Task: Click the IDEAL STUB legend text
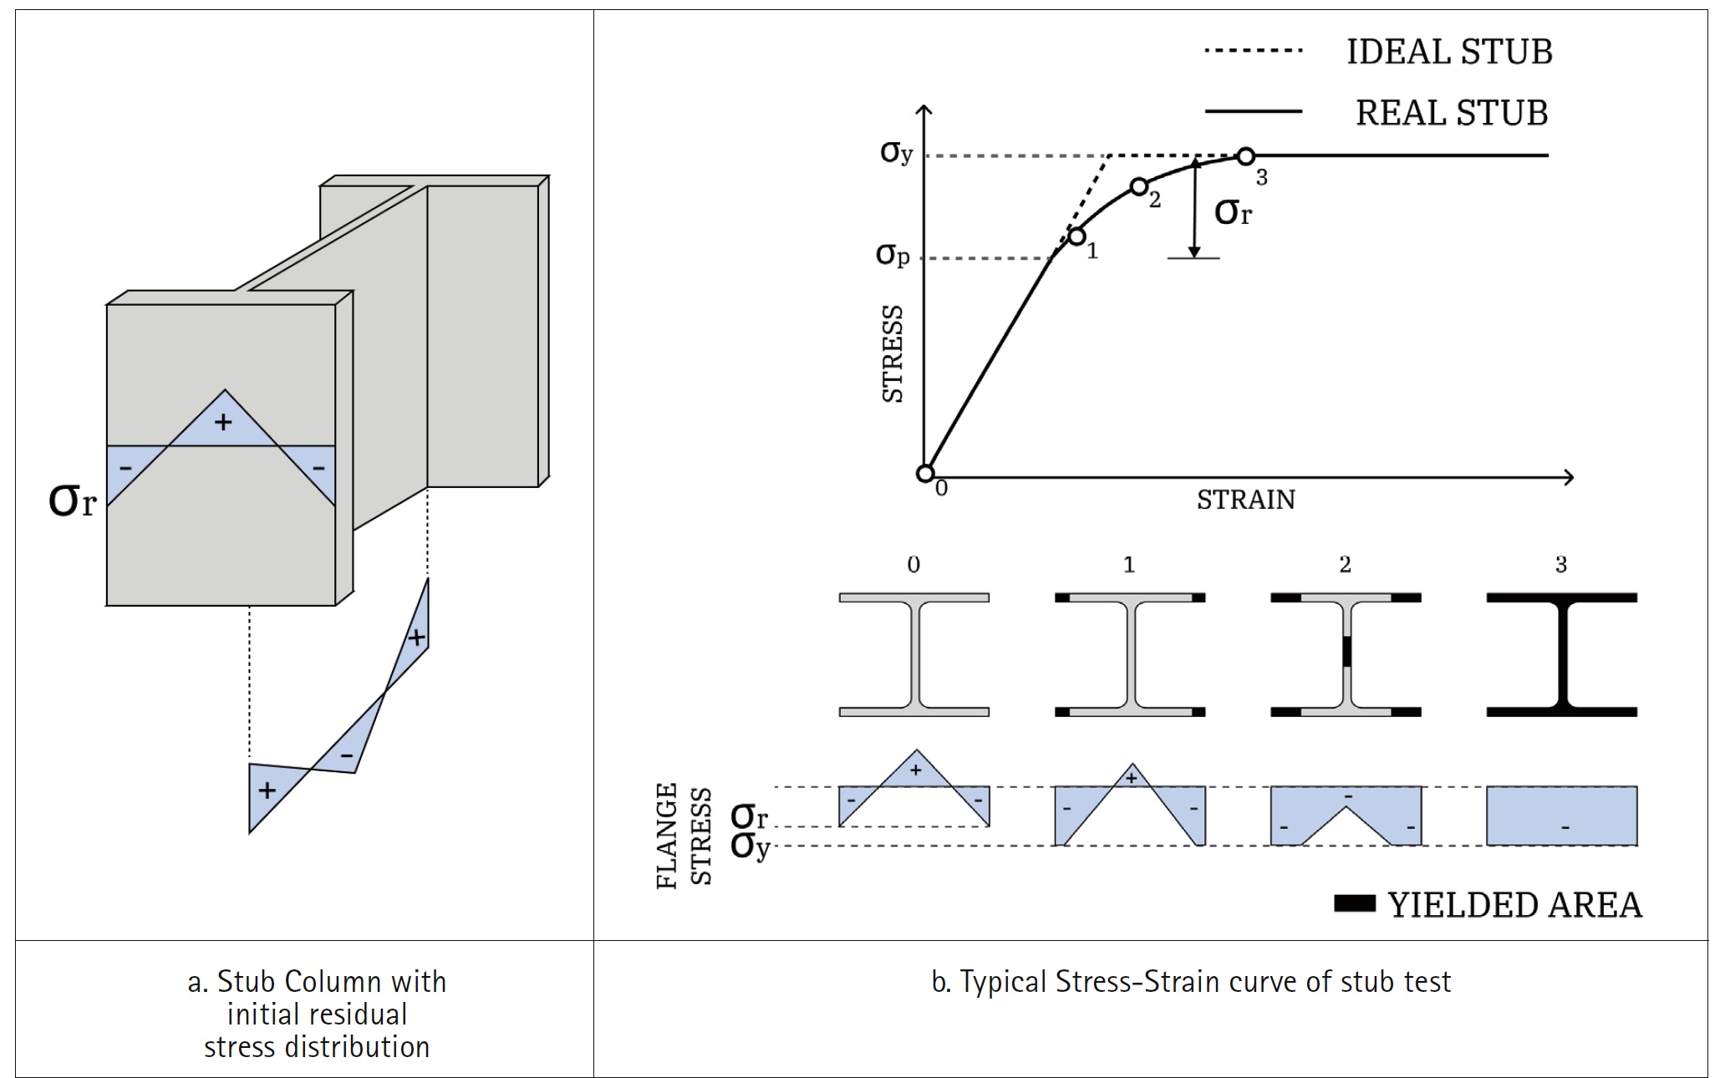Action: [x=1448, y=52]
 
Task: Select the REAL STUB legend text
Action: [x=1451, y=113]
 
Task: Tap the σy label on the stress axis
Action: [x=896, y=152]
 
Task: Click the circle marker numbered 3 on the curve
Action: [x=1245, y=156]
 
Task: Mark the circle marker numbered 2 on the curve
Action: [x=1138, y=186]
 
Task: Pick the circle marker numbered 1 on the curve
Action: [x=1076, y=236]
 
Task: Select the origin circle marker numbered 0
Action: [x=924, y=474]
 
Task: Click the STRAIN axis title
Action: [x=1245, y=500]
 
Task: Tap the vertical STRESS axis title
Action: [x=893, y=353]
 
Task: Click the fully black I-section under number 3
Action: [x=1561, y=654]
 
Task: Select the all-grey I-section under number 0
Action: [x=913, y=654]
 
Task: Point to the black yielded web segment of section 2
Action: [x=1346, y=652]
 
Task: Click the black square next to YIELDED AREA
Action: [x=1354, y=903]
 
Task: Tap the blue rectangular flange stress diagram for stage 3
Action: [x=1561, y=816]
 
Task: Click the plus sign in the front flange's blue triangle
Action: [x=223, y=422]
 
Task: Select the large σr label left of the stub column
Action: [x=72, y=500]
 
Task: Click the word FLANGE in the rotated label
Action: [x=667, y=836]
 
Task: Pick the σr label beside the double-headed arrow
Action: [x=1233, y=211]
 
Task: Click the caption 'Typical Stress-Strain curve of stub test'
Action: [x=1191, y=981]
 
